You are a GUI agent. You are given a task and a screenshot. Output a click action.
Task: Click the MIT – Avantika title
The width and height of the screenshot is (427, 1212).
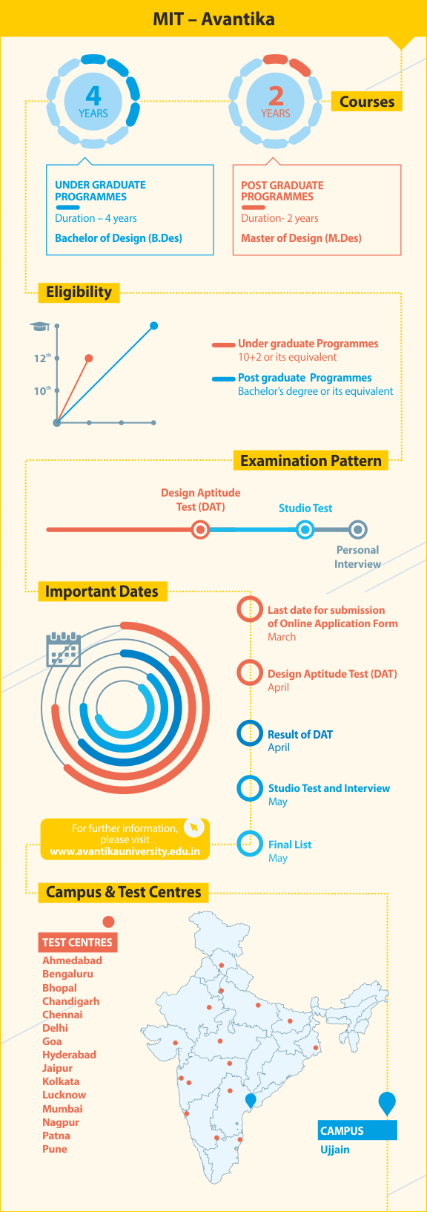pyautogui.click(x=213, y=19)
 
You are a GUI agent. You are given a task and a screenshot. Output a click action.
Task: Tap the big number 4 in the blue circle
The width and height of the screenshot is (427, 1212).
pyautogui.click(x=93, y=95)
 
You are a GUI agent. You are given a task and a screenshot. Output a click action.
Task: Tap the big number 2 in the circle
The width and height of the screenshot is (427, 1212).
pyautogui.click(x=277, y=96)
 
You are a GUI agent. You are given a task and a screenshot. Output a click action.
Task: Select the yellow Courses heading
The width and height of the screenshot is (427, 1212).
pyautogui.click(x=366, y=102)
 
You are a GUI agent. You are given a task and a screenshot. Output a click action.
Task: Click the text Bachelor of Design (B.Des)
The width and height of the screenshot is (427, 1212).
pyautogui.click(x=119, y=238)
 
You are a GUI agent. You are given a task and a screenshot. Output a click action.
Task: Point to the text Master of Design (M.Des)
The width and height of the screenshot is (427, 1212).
pyautogui.click(x=301, y=238)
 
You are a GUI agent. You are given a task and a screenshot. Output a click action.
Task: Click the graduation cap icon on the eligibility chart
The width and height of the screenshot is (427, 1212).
pyautogui.click(x=40, y=326)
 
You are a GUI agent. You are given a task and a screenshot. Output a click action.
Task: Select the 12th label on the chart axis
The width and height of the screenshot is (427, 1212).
pyautogui.click(x=42, y=358)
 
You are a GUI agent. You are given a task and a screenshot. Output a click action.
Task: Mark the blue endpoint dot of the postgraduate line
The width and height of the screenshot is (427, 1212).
pyautogui.click(x=153, y=326)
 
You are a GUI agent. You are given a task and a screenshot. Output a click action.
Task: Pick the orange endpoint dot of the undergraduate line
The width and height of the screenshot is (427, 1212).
pyautogui.click(x=89, y=358)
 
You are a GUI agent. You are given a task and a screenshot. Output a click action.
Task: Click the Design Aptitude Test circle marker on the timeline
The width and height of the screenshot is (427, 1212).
pyautogui.click(x=201, y=530)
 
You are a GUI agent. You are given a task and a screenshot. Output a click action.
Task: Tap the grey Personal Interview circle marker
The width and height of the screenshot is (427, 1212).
pyautogui.click(x=357, y=530)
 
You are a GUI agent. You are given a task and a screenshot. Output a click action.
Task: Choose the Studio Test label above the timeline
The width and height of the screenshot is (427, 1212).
pyautogui.click(x=305, y=508)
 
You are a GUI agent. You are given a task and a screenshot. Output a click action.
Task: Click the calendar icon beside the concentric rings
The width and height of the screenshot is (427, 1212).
pyautogui.click(x=64, y=649)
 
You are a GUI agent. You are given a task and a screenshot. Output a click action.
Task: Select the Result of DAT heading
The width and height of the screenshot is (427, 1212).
pyautogui.click(x=300, y=734)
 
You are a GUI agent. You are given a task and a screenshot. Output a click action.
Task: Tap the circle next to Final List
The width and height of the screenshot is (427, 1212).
pyautogui.click(x=250, y=844)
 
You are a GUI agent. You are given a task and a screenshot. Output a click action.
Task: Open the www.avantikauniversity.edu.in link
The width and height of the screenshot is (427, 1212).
pyautogui.click(x=125, y=851)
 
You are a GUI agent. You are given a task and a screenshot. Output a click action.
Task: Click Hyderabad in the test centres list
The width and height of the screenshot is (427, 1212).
pyautogui.click(x=69, y=1055)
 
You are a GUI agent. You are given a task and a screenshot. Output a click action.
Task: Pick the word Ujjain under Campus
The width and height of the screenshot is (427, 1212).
pyautogui.click(x=335, y=1149)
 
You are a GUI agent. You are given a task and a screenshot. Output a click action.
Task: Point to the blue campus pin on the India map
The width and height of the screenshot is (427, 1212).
pyautogui.click(x=251, y=1100)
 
